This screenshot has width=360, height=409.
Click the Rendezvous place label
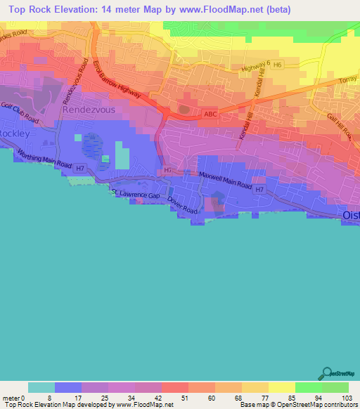click(87, 110)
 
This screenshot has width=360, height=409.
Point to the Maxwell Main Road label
click(224, 180)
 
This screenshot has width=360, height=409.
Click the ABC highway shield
click(210, 115)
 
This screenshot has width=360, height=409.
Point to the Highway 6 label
click(255, 66)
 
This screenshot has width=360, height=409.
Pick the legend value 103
click(348, 397)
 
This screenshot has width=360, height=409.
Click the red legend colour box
click(174, 387)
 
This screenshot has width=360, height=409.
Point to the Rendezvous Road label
click(79, 79)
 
